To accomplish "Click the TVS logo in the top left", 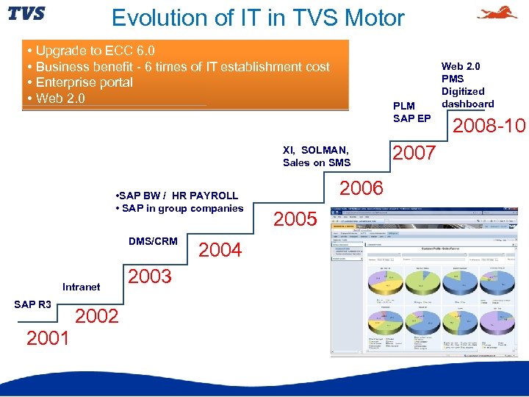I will (26, 14).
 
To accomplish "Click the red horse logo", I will (497, 13).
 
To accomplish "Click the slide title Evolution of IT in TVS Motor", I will (258, 17).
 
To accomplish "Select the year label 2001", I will (48, 338).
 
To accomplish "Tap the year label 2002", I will (97, 316).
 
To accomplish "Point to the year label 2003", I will (150, 276).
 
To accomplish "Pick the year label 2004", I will (220, 250).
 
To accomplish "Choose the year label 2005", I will (295, 219).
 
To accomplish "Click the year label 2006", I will (361, 188).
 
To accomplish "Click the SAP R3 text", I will (33, 304).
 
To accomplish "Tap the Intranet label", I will (82, 287).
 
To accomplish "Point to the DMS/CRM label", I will (153, 241).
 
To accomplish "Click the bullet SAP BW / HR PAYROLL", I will (177, 196).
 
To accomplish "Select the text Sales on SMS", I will (317, 162).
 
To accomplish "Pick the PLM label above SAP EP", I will (404, 106).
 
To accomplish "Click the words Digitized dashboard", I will (467, 98).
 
